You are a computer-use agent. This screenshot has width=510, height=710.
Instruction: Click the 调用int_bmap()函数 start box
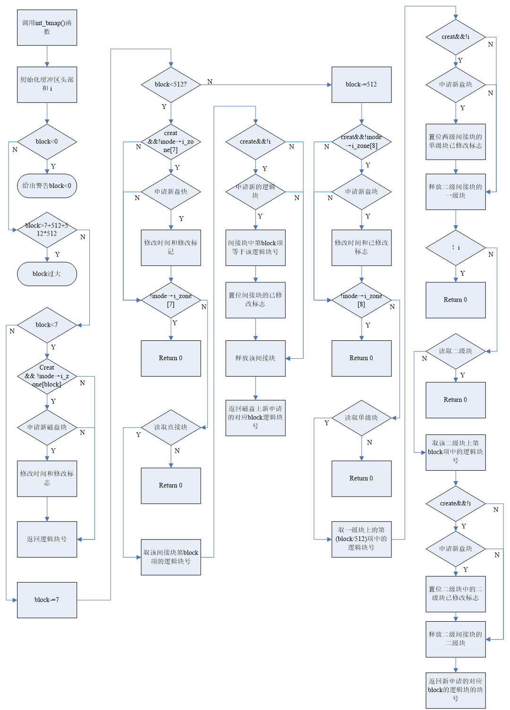[47, 27]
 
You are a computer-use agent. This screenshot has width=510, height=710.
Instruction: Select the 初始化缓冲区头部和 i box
[47, 85]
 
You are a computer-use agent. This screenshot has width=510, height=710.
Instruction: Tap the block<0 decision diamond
[47, 142]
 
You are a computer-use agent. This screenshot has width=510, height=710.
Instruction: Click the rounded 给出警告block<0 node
[47, 186]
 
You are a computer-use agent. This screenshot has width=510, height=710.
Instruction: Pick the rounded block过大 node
[47, 274]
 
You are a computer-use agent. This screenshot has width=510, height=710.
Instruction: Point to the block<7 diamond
[47, 325]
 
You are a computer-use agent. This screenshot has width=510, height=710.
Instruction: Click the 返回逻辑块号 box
[47, 539]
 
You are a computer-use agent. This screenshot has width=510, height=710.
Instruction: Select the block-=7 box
[47, 600]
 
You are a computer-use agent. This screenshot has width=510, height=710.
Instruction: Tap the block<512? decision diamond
[171, 85]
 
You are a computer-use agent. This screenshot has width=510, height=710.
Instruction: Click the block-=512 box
[362, 85]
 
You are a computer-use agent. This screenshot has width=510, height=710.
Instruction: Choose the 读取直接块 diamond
[171, 427]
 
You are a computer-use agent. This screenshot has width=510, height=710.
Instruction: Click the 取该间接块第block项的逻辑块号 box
[171, 557]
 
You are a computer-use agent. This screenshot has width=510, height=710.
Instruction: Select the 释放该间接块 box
[255, 358]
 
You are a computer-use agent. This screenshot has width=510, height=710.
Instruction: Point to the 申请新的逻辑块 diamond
[255, 191]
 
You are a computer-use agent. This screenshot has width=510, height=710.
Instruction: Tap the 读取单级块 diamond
[362, 418]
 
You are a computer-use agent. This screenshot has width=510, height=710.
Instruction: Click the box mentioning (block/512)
[362, 539]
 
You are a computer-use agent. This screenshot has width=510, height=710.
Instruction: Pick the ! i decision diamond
[456, 248]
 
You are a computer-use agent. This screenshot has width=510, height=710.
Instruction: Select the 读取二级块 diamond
[456, 351]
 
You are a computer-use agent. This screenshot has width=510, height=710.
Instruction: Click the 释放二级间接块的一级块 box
[456, 191]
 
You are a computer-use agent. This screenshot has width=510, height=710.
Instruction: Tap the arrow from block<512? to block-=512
[265, 85]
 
